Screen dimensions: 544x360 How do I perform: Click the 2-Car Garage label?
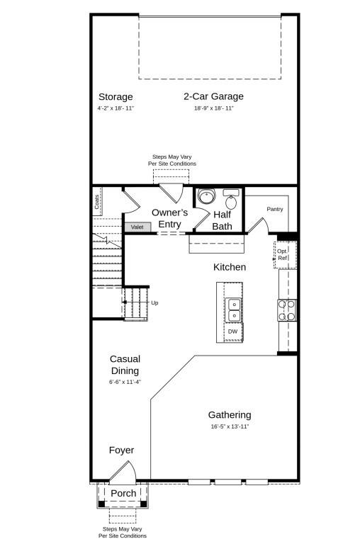click(213, 96)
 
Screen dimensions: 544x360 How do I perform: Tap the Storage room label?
click(116, 96)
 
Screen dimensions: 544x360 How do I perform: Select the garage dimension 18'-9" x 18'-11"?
click(213, 108)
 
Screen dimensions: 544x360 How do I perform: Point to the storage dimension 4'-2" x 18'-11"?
click(116, 108)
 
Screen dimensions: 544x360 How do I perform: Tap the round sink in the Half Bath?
click(206, 196)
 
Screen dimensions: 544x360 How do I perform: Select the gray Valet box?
click(137, 227)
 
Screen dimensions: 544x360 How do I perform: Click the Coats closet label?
click(96, 201)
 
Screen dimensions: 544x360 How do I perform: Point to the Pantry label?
click(275, 209)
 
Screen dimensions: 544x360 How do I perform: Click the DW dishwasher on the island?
click(232, 331)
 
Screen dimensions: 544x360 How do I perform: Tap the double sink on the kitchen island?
click(233, 310)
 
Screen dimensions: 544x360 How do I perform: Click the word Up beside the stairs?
click(154, 302)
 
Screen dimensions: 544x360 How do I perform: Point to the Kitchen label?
click(230, 267)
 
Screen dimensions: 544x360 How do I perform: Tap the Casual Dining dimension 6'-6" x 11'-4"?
click(125, 382)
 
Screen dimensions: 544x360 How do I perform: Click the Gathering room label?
click(229, 415)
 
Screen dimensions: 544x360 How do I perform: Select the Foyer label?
click(121, 450)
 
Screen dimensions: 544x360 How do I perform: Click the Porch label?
click(123, 493)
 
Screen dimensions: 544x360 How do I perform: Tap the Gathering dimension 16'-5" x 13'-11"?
click(229, 426)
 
